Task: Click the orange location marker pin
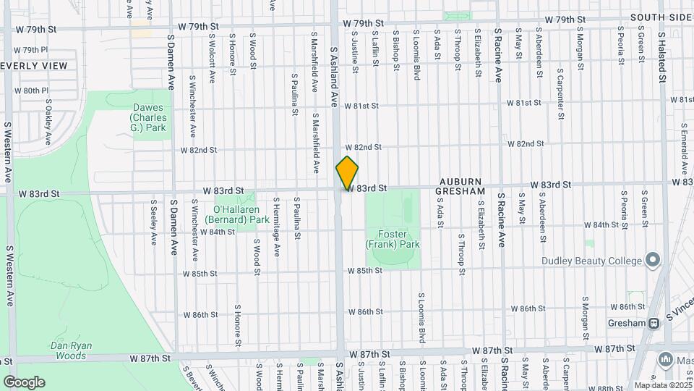(x=347, y=173)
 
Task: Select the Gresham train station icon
(x=653, y=323)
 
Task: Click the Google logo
(x=24, y=382)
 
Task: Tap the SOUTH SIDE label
(x=661, y=17)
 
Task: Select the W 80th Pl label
(x=35, y=91)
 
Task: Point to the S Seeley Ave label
(x=153, y=222)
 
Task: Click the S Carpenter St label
(x=560, y=94)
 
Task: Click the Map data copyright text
(x=662, y=385)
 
